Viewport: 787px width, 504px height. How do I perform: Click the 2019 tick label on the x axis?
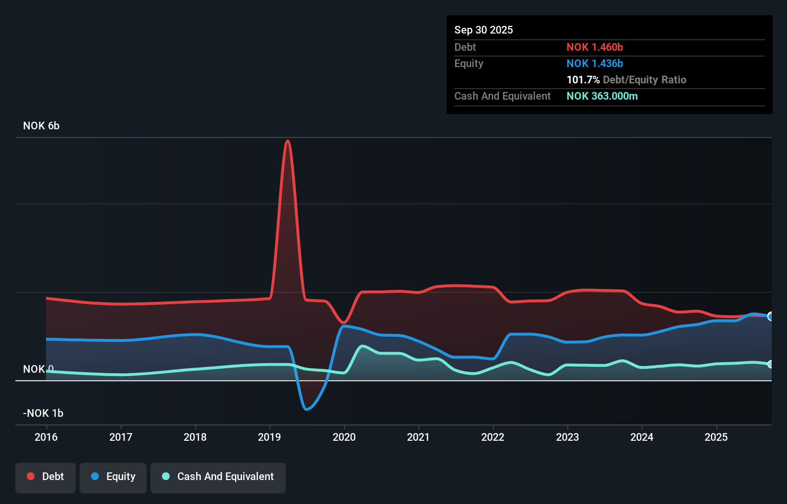(269, 437)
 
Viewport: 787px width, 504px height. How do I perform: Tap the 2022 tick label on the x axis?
(493, 437)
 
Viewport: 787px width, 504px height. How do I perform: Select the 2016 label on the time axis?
(46, 437)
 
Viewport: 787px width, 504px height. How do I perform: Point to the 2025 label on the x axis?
(716, 437)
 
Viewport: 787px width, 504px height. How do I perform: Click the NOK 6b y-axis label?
(41, 126)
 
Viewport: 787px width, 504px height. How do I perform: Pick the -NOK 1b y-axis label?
(43, 413)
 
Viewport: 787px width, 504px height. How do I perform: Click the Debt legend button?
(46, 477)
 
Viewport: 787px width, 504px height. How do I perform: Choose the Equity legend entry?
(113, 477)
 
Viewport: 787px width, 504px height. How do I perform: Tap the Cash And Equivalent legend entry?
(218, 477)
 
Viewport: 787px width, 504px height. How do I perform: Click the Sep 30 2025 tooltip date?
(484, 30)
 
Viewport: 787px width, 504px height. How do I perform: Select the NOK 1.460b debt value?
(595, 47)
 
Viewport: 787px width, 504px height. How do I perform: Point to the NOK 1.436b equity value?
(595, 63)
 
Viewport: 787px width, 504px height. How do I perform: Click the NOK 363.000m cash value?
(602, 96)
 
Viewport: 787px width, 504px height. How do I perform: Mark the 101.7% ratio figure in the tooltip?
(583, 80)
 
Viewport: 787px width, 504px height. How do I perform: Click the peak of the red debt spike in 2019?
(288, 141)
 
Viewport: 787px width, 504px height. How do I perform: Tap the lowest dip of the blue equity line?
(307, 409)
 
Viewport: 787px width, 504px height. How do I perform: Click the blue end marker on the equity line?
(771, 316)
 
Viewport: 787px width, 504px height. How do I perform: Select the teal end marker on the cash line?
(771, 364)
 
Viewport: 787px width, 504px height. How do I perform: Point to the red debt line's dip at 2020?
(344, 322)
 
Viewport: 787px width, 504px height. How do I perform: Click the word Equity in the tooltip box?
(469, 63)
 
